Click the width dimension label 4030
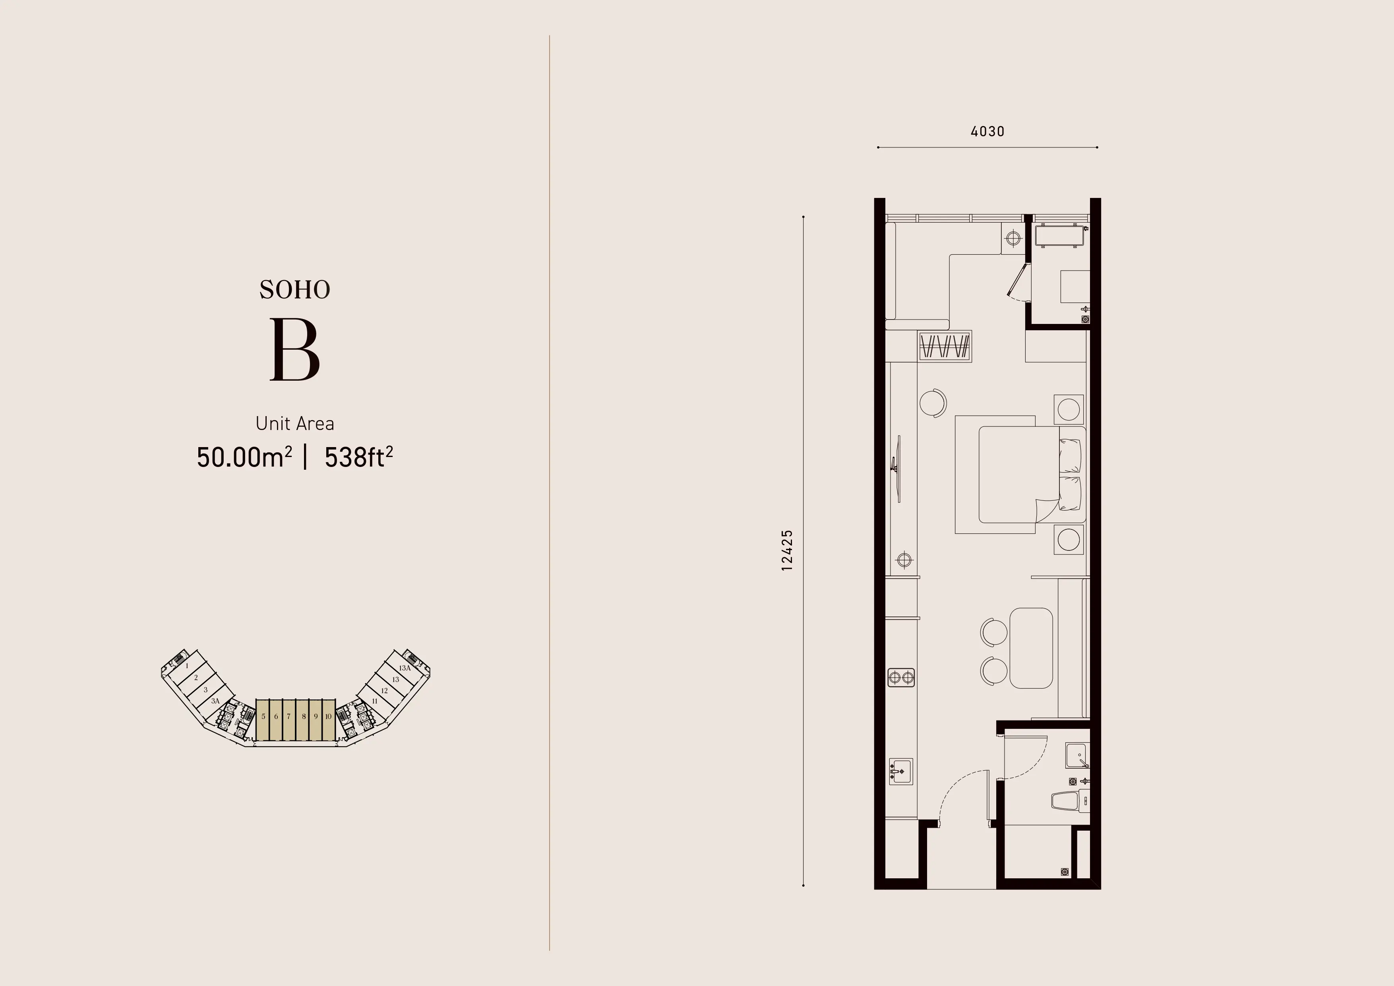point(987,131)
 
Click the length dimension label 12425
point(787,550)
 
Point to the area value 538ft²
point(358,457)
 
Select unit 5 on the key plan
point(263,717)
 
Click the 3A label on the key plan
point(215,701)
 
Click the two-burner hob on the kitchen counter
point(901,677)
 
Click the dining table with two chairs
point(1030,648)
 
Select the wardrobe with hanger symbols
point(945,347)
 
